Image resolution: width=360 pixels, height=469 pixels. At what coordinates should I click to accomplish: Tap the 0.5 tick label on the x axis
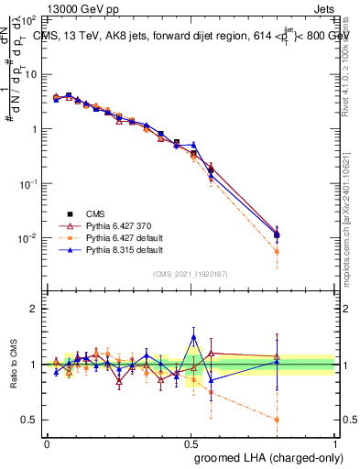[x=191, y=442]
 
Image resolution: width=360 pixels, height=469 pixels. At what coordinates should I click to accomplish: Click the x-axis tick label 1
[x=335, y=442]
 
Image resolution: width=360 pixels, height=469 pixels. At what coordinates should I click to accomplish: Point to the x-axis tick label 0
[x=47, y=442]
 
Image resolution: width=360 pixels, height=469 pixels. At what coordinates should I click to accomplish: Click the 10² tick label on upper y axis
[x=29, y=19]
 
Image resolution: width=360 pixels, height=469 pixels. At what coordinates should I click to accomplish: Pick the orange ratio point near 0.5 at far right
[x=277, y=420]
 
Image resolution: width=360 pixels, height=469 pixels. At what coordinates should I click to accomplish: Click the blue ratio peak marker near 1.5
[x=193, y=337]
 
